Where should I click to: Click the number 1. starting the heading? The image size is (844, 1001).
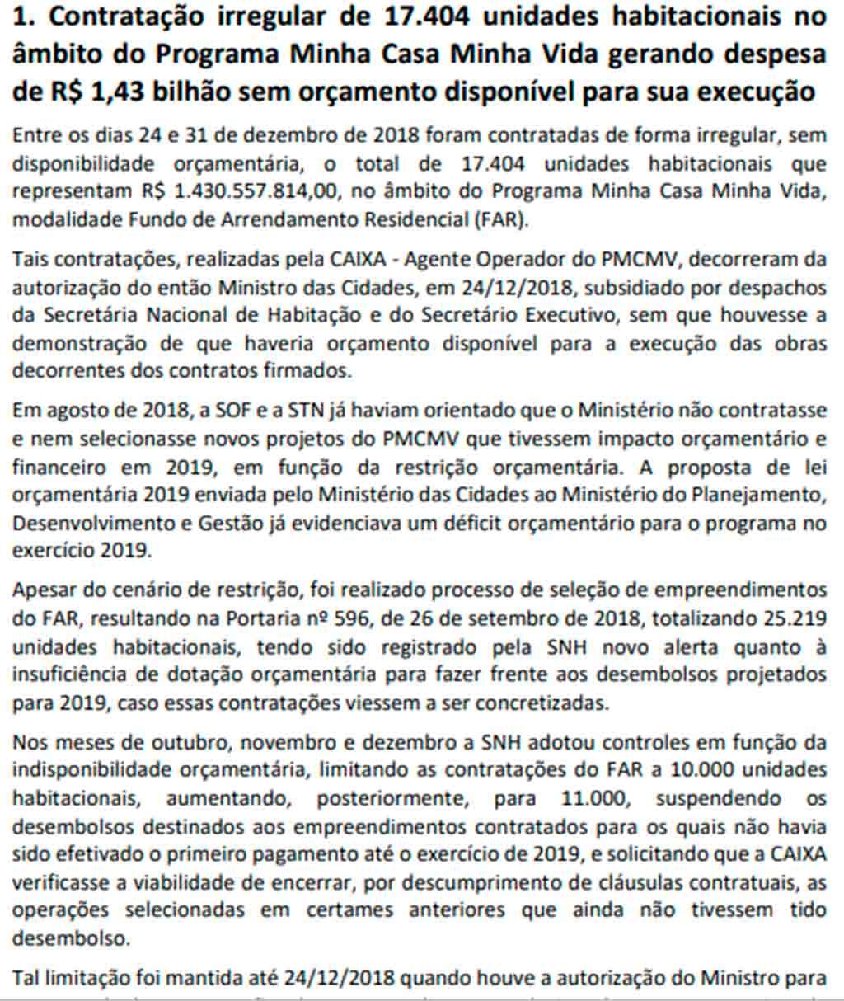click(25, 16)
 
